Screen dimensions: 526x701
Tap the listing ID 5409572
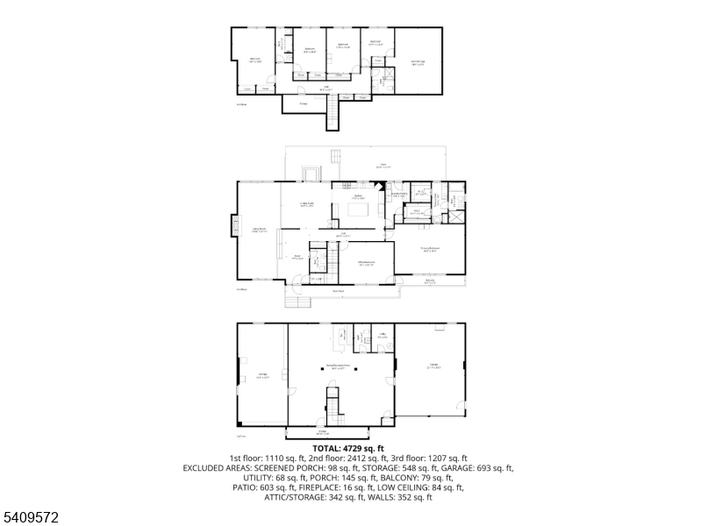(32, 518)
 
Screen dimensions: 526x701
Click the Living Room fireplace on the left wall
(235, 226)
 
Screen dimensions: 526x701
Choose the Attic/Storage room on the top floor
(418, 60)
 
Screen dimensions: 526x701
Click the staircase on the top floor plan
(332, 111)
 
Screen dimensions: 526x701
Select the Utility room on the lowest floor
(383, 337)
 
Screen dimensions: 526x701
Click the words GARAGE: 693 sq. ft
(483, 468)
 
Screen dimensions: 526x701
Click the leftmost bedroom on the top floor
(255, 60)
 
